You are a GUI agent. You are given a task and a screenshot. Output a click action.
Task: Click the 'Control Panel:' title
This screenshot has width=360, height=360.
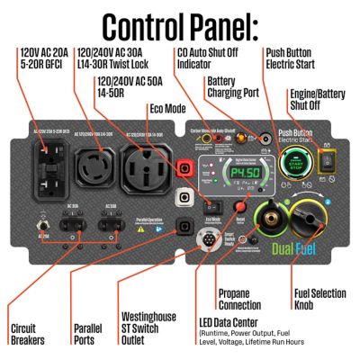tap(179, 25)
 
